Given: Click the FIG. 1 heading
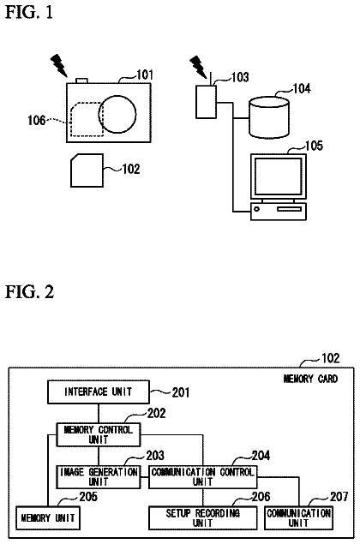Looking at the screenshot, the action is (29, 13).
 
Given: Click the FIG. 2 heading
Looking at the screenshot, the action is (29, 292).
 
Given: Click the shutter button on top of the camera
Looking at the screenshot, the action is (82, 81).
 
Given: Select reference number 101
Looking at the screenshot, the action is (144, 75).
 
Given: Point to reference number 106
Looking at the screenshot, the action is (37, 121).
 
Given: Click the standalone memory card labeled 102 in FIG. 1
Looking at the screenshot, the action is (87, 170).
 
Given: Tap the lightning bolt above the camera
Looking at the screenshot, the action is (59, 65).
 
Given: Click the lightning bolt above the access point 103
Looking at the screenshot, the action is (198, 67).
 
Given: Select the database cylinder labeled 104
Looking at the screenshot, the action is (268, 117).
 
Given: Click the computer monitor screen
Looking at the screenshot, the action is (278, 176).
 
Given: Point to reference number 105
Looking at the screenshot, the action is (315, 146).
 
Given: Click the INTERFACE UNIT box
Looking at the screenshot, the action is (99, 392).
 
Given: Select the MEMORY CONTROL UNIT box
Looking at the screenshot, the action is (99, 434).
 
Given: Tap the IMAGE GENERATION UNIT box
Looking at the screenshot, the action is (99, 477).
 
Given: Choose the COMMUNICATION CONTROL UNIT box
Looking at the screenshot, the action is (203, 477).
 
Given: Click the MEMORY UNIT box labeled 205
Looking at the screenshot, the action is (48, 518).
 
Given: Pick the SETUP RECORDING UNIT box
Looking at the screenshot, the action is (203, 518).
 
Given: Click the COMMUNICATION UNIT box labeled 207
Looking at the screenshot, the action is (298, 518).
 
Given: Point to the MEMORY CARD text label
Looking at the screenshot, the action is (310, 379).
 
